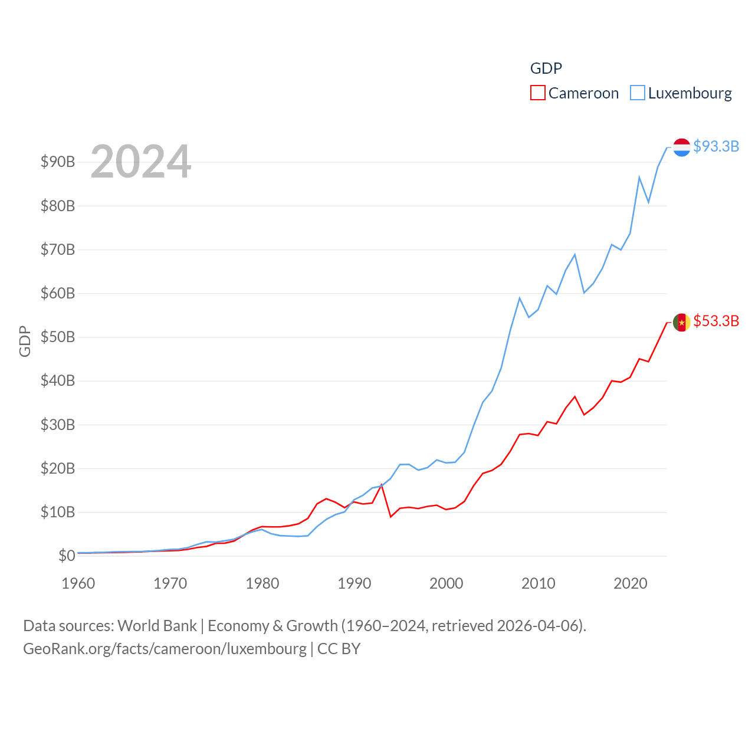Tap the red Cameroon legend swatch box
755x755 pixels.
pyautogui.click(x=538, y=93)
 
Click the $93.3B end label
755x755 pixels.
pyautogui.click(x=716, y=146)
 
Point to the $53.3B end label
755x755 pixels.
pyautogui.click(x=716, y=321)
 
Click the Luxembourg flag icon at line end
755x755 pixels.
pyautogui.click(x=682, y=147)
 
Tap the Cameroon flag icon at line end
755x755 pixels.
pyautogui.click(x=682, y=322)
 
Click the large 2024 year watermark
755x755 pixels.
pyautogui.click(x=141, y=161)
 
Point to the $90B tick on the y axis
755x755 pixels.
pyautogui.click(x=58, y=162)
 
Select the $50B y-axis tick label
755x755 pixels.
pyautogui.click(x=58, y=337)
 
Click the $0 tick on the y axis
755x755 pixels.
pyautogui.click(x=67, y=556)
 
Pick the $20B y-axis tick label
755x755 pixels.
pyautogui.click(x=58, y=468)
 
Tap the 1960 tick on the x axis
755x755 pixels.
pyautogui.click(x=78, y=583)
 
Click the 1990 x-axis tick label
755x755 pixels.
pyautogui.click(x=354, y=583)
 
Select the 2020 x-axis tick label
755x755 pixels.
pyautogui.click(x=631, y=583)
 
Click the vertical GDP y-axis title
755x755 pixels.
pyautogui.click(x=25, y=341)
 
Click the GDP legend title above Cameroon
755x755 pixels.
pyautogui.click(x=546, y=68)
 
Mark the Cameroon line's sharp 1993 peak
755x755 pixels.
pyautogui.click(x=382, y=484)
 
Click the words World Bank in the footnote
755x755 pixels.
pyautogui.click(x=157, y=626)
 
